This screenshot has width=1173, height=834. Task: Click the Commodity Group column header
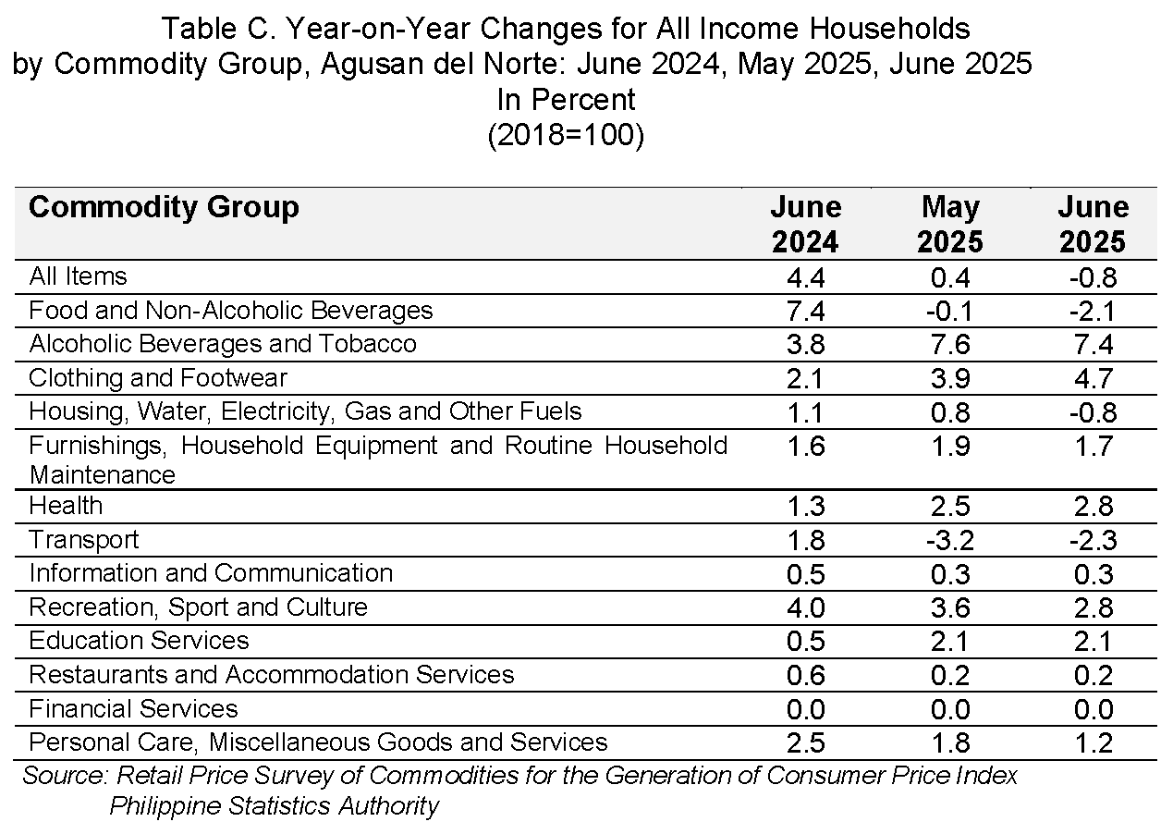[164, 207]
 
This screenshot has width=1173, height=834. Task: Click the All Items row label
[78, 276]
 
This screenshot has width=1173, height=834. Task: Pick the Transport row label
[84, 540]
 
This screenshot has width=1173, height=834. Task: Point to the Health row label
[66, 506]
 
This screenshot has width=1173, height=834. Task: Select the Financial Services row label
[133, 709]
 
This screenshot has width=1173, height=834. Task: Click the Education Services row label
[139, 641]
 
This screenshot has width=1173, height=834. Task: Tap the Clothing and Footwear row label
[158, 378]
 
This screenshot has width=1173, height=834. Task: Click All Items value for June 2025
[1094, 277]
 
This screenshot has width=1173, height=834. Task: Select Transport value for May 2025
[950, 540]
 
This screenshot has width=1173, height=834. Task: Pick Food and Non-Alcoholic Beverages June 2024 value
[806, 312]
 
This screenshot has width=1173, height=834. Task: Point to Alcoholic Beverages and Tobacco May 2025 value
[950, 345]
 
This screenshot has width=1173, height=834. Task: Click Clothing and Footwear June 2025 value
[1094, 379]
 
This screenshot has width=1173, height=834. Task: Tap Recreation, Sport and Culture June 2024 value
[806, 607]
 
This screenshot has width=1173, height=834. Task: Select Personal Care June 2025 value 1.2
[1094, 742]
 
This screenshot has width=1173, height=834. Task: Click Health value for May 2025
[950, 507]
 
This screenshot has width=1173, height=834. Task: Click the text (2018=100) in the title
[566, 135]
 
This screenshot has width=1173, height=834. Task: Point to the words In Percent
[566, 99]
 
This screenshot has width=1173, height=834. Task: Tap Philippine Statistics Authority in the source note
[274, 805]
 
